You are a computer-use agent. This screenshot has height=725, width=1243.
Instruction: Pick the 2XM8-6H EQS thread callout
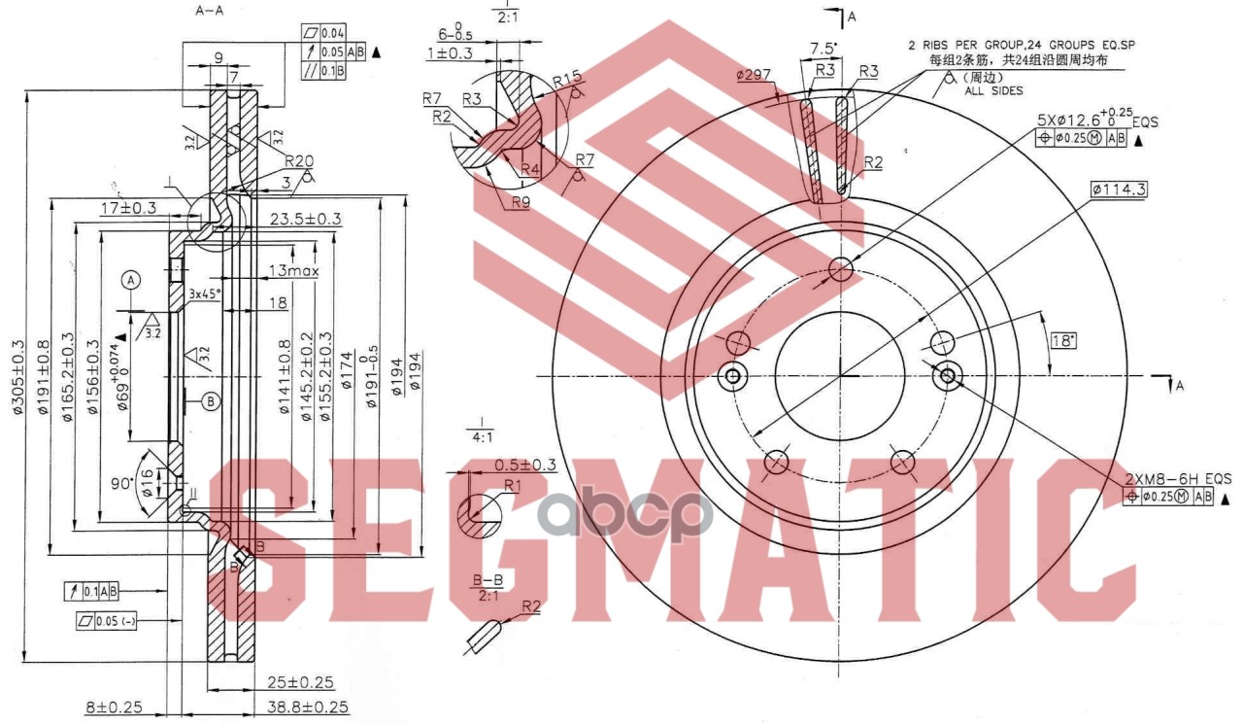coord(1178,478)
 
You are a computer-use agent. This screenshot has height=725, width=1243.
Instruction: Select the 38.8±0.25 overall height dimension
coord(300,708)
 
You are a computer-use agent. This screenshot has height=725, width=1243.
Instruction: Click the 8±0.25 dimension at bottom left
coord(115,708)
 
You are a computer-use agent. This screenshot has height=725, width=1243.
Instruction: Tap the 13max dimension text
coord(293,271)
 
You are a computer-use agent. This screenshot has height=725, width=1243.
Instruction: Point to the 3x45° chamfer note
coord(205,293)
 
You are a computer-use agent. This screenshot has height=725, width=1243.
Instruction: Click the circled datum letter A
coord(132,280)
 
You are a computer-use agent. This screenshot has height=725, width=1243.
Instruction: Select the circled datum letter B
coord(212,399)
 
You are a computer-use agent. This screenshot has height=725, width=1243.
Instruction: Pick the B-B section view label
coord(487,580)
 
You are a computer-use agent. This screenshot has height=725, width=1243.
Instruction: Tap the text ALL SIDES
coord(994,90)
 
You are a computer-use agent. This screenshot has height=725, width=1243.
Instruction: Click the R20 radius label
coord(300,162)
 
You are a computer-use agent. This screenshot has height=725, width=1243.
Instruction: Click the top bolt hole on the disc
coord(841,268)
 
